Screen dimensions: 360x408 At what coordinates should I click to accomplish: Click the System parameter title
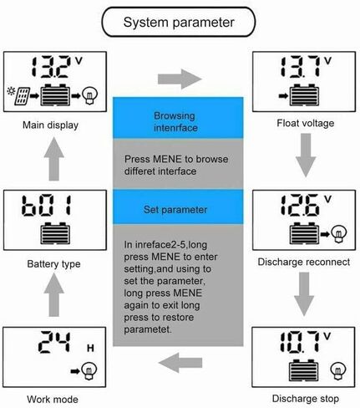pyautogui.click(x=179, y=23)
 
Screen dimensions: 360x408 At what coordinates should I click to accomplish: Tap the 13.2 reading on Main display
pyautogui.click(x=50, y=67)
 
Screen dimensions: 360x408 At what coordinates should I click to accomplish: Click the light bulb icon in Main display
pyautogui.click(x=90, y=95)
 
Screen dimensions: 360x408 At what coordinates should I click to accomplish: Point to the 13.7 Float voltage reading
pyautogui.click(x=300, y=67)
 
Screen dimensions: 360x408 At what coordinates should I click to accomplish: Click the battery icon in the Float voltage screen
pyautogui.click(x=304, y=95)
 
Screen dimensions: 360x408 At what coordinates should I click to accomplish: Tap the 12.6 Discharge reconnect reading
pyautogui.click(x=300, y=206)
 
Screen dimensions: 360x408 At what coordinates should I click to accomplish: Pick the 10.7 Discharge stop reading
pyautogui.click(x=300, y=342)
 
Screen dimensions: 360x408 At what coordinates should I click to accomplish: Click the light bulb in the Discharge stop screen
pyautogui.click(x=338, y=371)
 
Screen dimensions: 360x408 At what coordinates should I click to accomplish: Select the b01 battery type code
pyautogui.click(x=47, y=206)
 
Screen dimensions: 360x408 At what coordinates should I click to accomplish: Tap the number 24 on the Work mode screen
pyautogui.click(x=54, y=342)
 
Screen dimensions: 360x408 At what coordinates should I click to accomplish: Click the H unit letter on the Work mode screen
pyautogui.click(x=90, y=348)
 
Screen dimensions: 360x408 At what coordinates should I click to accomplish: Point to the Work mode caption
pyautogui.click(x=53, y=400)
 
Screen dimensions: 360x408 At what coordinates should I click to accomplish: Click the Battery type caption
pyautogui.click(x=53, y=264)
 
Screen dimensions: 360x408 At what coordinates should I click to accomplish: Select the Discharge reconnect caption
pyautogui.click(x=304, y=262)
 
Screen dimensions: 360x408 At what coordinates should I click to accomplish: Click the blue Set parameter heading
pyautogui.click(x=175, y=210)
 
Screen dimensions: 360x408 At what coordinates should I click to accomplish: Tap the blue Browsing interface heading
pyautogui.click(x=175, y=121)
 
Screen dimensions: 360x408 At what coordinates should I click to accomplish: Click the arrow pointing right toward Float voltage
pyautogui.click(x=180, y=79)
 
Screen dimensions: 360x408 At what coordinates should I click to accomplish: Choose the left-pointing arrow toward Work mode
pyautogui.click(x=180, y=363)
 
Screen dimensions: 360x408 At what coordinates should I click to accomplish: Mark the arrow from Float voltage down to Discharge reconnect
pyautogui.click(x=306, y=155)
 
